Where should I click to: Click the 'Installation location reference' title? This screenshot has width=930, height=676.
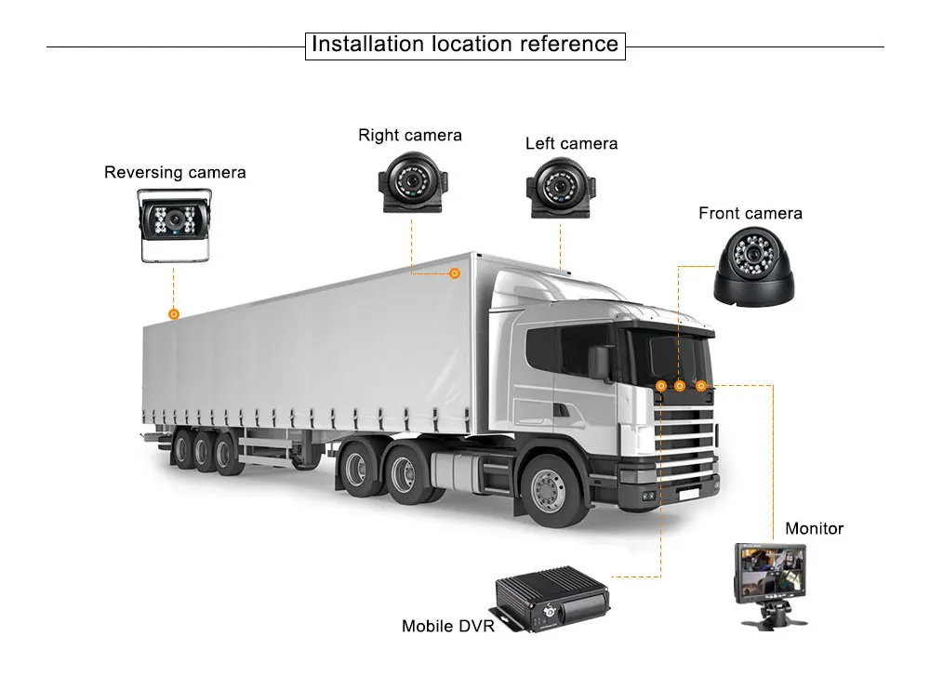click(465, 44)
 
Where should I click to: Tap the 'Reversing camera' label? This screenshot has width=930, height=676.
click(175, 172)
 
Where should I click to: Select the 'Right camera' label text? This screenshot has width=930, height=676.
click(410, 135)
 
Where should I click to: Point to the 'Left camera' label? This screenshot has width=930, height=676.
click(571, 143)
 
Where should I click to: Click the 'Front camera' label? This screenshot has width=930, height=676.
click(750, 213)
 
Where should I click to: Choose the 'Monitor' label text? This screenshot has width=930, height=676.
click(814, 528)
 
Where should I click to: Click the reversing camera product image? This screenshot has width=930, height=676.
click(174, 223)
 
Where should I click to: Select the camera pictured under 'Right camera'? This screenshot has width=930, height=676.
click(409, 183)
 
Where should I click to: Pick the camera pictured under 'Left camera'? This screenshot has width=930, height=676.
click(560, 189)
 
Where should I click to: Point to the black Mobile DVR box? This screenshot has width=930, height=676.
click(545, 604)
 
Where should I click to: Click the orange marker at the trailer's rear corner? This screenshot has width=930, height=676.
click(173, 314)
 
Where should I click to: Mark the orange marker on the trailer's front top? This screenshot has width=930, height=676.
click(455, 273)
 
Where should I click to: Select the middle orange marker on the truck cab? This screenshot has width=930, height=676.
click(680, 385)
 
